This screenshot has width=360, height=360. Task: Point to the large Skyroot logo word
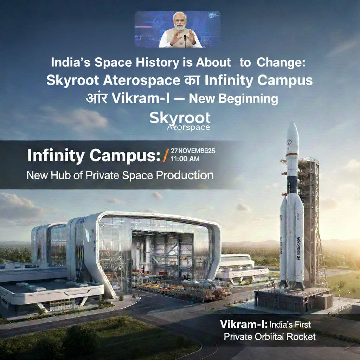(180, 118)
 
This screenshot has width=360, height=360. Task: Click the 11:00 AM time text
(185, 159)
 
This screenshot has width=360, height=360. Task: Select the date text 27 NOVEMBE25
(193, 151)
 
